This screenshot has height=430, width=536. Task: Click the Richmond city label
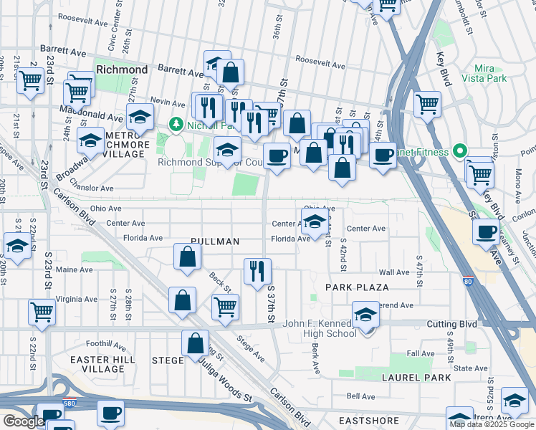tap(122, 70)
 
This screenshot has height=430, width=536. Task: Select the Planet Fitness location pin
tap(462, 151)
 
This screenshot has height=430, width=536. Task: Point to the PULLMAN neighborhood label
tap(215, 242)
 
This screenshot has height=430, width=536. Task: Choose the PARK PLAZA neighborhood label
tap(357, 287)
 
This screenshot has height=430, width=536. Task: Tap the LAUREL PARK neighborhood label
tap(416, 377)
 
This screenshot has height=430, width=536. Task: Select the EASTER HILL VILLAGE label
tap(93, 364)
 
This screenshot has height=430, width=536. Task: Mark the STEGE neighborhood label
tap(168, 360)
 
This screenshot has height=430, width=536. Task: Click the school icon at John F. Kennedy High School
tap(365, 315)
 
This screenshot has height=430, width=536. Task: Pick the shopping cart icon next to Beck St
tap(226, 306)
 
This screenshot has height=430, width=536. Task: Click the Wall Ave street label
tap(393, 272)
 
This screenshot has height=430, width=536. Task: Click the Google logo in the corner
tap(24, 421)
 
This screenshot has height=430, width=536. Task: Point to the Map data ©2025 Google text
tap(492, 424)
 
